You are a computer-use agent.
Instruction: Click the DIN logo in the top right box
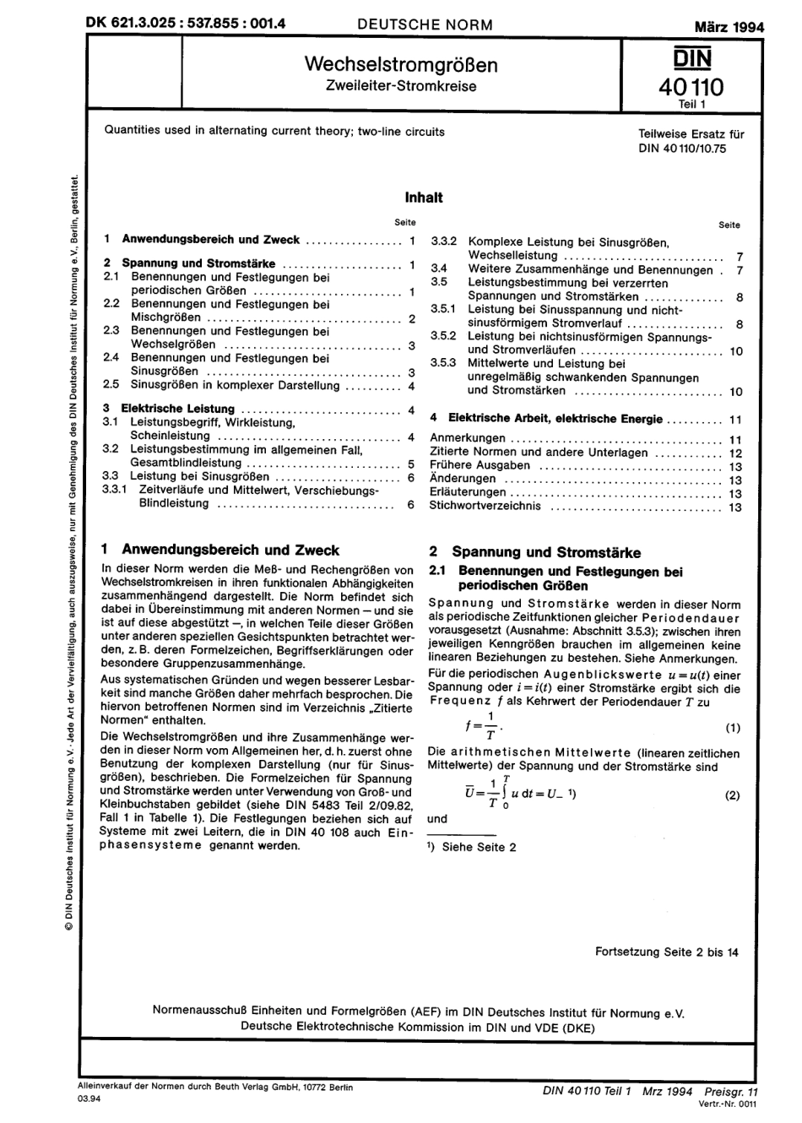(691, 57)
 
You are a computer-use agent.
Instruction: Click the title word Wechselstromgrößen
(400, 65)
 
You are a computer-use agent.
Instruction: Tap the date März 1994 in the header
(729, 26)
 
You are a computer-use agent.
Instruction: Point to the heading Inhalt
(423, 198)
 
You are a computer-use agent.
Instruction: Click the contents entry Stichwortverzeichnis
(485, 507)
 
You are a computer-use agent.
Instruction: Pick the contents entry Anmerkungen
(468, 438)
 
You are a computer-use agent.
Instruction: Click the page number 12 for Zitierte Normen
(734, 453)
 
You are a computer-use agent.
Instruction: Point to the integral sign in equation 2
(505, 792)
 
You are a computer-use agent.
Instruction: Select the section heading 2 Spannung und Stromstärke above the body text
(535, 553)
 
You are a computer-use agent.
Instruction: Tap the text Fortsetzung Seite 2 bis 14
(666, 952)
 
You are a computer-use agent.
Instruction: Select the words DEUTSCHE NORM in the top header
(425, 24)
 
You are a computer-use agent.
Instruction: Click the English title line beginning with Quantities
(274, 132)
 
